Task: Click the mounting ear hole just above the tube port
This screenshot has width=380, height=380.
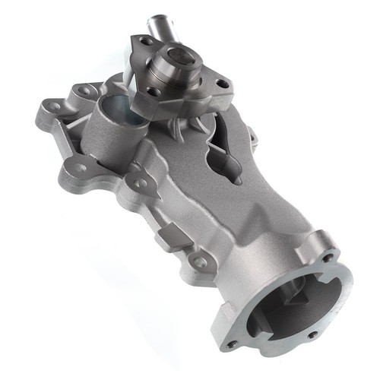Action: (x=85, y=90)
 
